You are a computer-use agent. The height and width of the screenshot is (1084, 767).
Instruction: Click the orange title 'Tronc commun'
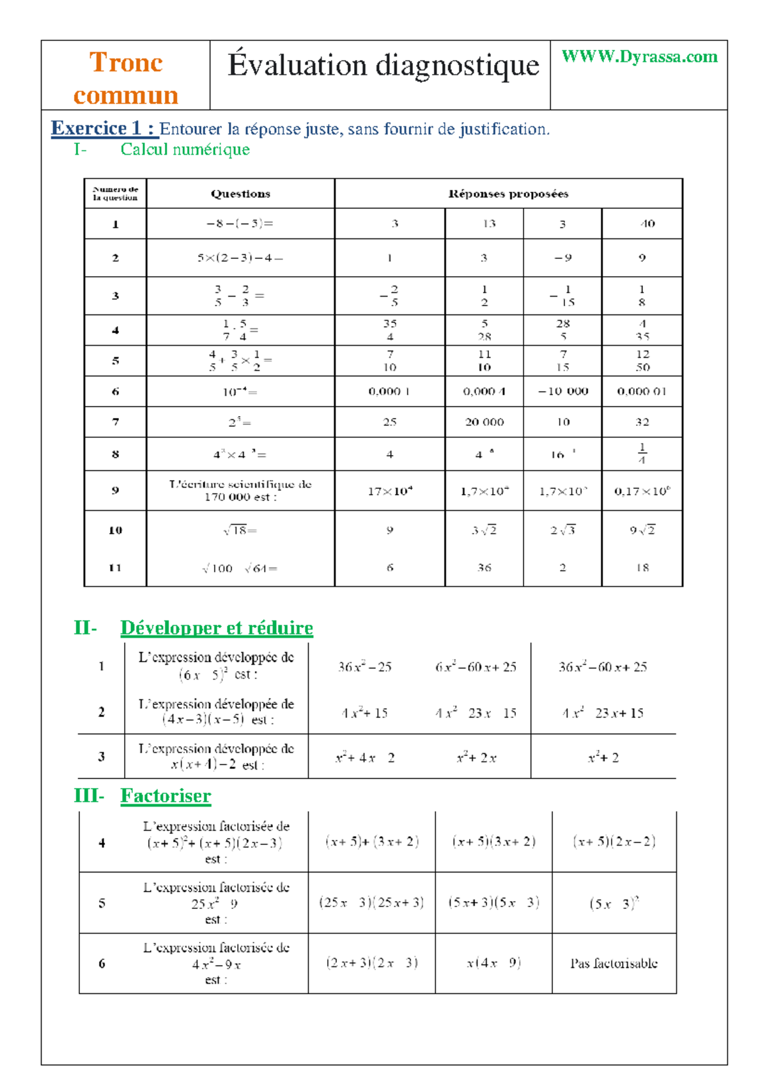(x=126, y=78)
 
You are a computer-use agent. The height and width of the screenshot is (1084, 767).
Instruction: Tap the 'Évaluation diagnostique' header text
(x=383, y=65)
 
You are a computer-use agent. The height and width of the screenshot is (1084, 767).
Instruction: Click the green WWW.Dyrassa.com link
(x=639, y=57)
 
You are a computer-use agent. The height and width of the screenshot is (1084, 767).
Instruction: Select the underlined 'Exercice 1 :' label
(x=104, y=128)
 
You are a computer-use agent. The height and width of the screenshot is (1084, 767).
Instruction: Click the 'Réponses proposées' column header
(x=508, y=194)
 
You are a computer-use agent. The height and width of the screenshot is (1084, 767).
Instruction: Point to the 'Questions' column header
(x=240, y=194)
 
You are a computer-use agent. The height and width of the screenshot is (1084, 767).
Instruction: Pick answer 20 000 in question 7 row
(x=484, y=422)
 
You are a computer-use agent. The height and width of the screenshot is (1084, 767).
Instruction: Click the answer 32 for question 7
(x=642, y=422)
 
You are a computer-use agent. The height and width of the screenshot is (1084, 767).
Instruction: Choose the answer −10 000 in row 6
(x=562, y=391)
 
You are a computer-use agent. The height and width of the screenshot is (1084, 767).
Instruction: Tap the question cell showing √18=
(x=240, y=530)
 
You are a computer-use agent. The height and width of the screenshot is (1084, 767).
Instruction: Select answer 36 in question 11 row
(x=484, y=568)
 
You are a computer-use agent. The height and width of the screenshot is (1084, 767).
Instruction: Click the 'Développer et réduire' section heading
(x=217, y=628)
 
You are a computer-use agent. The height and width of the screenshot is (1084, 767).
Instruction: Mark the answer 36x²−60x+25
(x=603, y=667)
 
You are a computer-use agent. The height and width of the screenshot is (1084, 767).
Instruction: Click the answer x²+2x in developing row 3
(x=476, y=758)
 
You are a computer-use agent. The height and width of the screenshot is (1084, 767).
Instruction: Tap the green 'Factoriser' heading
(x=166, y=796)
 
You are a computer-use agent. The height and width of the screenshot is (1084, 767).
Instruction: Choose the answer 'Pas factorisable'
(x=614, y=963)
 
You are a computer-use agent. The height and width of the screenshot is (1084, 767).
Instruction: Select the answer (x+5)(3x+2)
(x=493, y=842)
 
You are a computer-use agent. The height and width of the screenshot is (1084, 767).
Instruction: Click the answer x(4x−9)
(x=493, y=963)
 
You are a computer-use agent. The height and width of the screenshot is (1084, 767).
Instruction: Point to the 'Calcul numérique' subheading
(x=185, y=150)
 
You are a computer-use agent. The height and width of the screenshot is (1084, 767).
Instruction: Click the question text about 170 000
(x=240, y=490)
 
